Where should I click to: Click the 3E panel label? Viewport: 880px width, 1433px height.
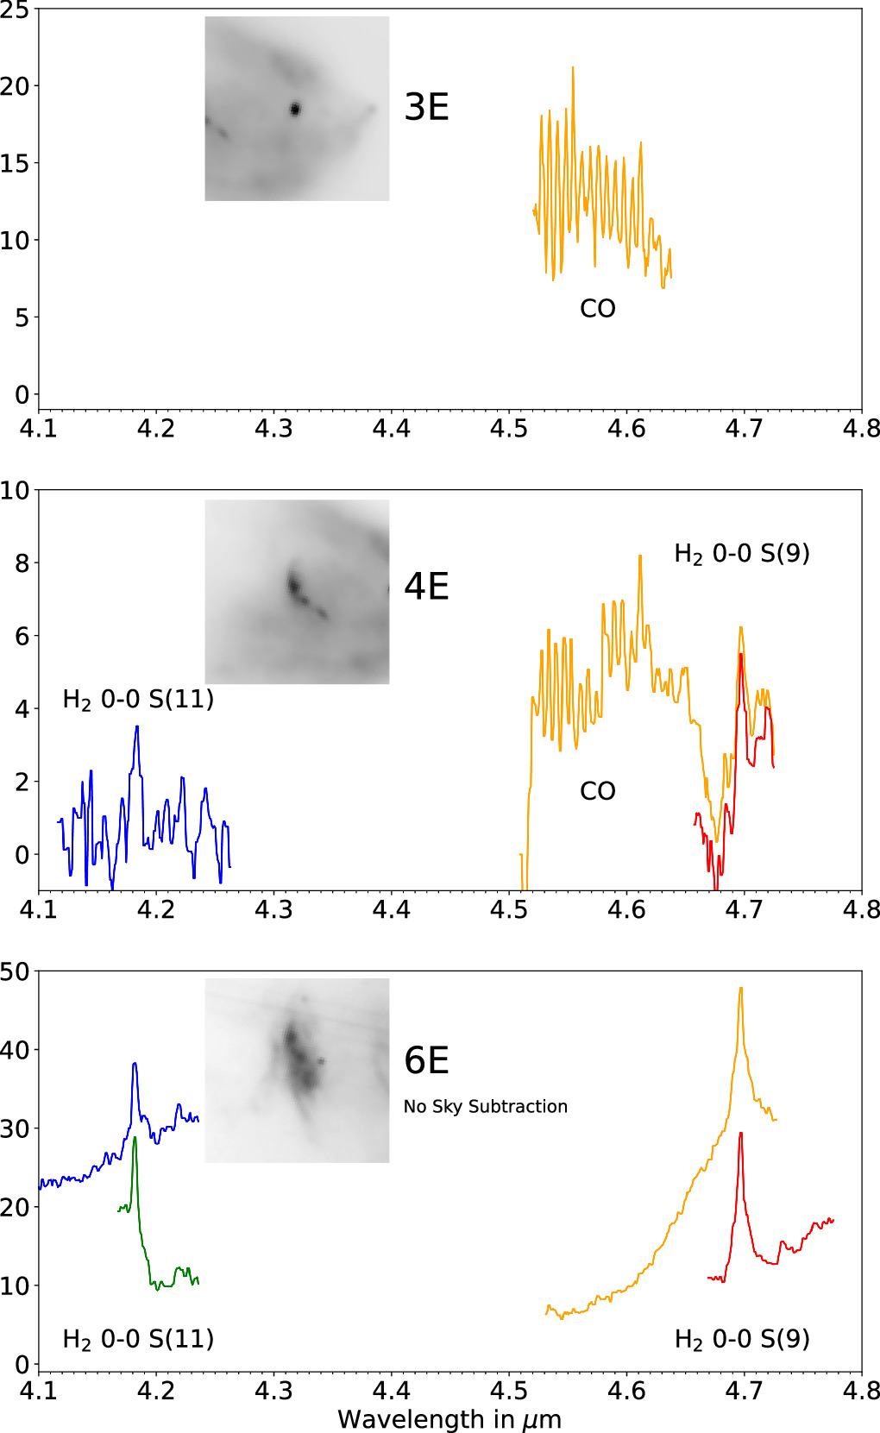point(426,107)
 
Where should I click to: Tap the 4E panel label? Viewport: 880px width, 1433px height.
point(426,587)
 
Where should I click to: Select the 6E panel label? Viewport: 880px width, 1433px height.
point(426,1060)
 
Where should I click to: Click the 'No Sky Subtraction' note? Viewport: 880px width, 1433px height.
point(485,1107)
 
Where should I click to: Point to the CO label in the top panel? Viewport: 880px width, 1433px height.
point(597,309)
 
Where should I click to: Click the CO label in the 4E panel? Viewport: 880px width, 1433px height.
point(597,791)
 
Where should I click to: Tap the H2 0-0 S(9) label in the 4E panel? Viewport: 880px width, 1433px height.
point(741,554)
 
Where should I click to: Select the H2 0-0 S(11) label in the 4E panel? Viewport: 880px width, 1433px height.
point(138,700)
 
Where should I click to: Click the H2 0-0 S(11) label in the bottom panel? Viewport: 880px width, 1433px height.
point(138,1339)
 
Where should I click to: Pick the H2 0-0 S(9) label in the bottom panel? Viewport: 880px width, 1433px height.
point(741,1339)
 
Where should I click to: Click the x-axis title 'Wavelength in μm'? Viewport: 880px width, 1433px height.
point(449,1419)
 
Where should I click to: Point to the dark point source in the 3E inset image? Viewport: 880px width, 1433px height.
point(295,109)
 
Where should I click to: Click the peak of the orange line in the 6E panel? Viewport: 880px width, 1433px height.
point(740,989)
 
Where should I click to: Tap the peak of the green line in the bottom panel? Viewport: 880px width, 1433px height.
point(135,1138)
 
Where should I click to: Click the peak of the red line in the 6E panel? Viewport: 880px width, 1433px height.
point(741,1134)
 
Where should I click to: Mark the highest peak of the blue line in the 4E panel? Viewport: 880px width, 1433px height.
point(136,727)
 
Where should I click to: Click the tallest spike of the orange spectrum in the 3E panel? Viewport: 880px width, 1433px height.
point(572,67)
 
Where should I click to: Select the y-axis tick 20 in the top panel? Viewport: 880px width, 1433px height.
point(15,85)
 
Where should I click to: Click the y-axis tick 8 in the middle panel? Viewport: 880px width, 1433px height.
point(20,563)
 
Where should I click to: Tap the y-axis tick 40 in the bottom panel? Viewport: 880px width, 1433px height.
point(15,1050)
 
